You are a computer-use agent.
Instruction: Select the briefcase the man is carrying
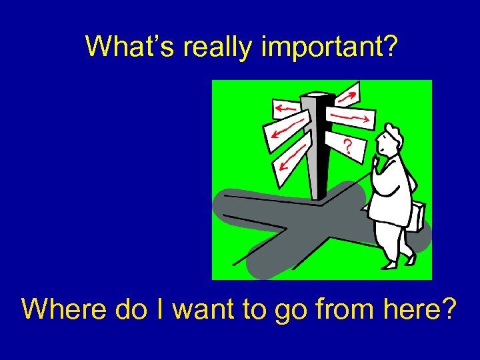point(414,215)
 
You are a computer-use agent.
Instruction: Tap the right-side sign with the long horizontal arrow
point(352,117)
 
